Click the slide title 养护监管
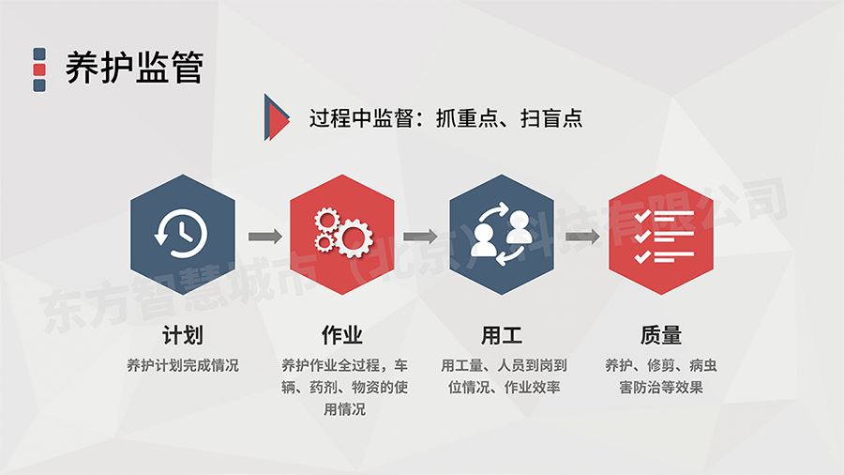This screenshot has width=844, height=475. pyautogui.click(x=134, y=68)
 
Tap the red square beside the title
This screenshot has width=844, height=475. pyautogui.click(x=39, y=69)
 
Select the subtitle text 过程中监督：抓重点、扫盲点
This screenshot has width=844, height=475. pyautogui.click(x=445, y=118)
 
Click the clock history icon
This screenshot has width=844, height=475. pyautogui.click(x=181, y=234)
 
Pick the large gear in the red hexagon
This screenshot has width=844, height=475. pyautogui.click(x=354, y=237)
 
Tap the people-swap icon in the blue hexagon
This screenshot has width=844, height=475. pyautogui.click(x=502, y=235)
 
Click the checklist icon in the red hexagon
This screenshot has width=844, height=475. pyautogui.click(x=664, y=237)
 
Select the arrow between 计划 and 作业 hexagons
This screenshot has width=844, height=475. pyautogui.click(x=265, y=236)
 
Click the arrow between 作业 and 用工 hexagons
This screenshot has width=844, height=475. pyautogui.click(x=420, y=236)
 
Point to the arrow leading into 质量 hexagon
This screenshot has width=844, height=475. pyautogui.click(x=582, y=236)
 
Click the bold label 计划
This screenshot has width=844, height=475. pyautogui.click(x=183, y=335)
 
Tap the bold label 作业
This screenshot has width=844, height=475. pyautogui.click(x=342, y=335)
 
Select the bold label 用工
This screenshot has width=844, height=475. pyautogui.click(x=502, y=335)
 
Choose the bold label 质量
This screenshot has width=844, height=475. pyautogui.click(x=661, y=335)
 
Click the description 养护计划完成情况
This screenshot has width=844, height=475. pyautogui.click(x=183, y=366)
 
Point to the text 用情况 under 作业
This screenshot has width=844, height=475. pyautogui.click(x=344, y=409)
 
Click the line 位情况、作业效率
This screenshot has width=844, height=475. pyautogui.click(x=505, y=387)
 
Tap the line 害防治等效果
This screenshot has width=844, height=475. pyautogui.click(x=661, y=387)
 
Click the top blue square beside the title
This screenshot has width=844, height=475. pyautogui.click(x=39, y=54)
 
